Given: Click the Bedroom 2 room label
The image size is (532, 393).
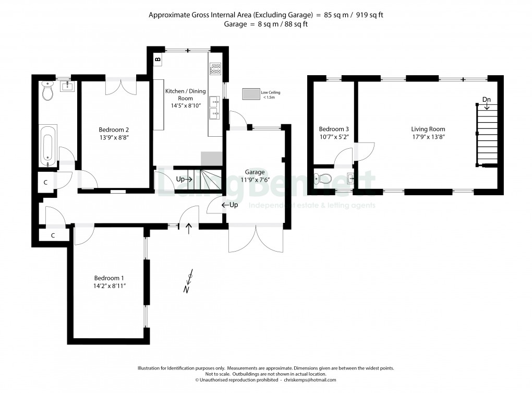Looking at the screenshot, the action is (114, 129).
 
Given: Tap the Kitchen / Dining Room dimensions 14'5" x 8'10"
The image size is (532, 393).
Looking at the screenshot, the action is (186, 105).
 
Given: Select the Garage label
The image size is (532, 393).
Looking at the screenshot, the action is (255, 172).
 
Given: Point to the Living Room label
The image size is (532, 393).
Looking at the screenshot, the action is (428, 129).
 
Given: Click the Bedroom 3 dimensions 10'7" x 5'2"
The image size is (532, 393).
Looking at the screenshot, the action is (334, 137).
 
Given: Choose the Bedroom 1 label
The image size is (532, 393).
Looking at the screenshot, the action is (109, 278).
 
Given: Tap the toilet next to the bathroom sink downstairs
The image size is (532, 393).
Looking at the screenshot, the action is (48, 91).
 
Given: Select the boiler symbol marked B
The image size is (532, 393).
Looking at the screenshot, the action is (158, 59).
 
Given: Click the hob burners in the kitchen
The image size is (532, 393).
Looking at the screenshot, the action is (215, 68).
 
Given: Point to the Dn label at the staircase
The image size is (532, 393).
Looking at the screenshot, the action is (487, 100).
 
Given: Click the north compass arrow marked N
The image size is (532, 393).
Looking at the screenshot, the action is (189, 281).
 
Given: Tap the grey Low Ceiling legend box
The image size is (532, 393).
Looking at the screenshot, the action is (251, 94).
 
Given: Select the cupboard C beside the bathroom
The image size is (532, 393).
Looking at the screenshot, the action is (46, 183).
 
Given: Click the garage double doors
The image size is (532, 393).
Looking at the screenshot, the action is (256, 239).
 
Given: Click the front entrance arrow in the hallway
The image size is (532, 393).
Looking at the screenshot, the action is (189, 229).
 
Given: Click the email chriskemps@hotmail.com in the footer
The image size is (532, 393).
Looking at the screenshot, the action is (310, 380).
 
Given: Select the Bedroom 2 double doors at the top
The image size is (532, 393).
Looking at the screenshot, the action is (121, 87).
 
